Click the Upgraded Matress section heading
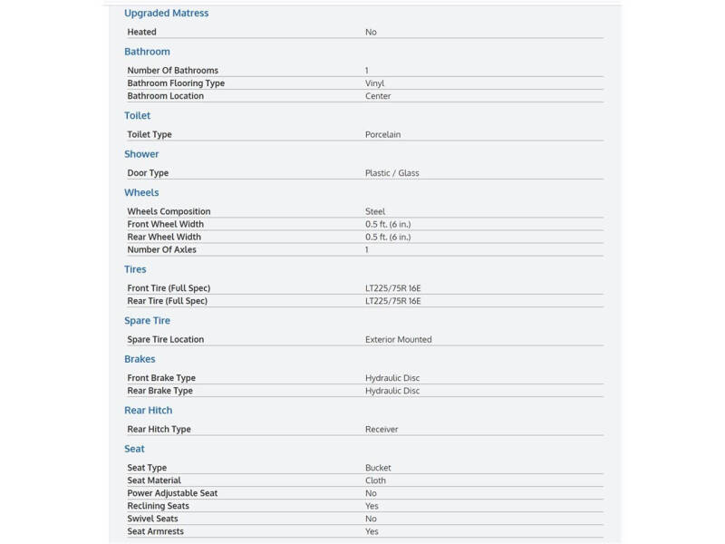(166, 14)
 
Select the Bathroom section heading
(147, 52)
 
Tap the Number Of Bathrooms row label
(172, 71)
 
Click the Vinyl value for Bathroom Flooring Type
(374, 83)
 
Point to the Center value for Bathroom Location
(378, 96)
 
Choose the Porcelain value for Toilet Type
(382, 134)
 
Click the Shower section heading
(141, 154)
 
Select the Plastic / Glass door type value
(391, 173)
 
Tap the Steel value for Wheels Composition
(375, 211)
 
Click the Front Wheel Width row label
(165, 224)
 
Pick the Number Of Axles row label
(161, 249)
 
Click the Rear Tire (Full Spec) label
(168, 301)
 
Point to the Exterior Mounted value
(398, 339)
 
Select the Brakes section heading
(140, 359)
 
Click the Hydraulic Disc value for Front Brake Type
(391, 378)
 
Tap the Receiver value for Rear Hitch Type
(382, 429)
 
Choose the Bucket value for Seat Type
(378, 468)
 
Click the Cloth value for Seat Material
(375, 481)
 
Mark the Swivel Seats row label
(152, 519)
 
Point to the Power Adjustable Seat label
(172, 493)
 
